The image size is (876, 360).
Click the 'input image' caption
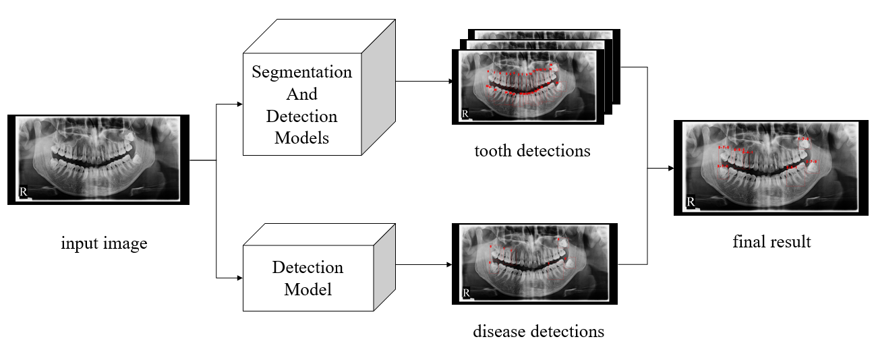point(104,243)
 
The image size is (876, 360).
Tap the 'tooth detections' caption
point(532,150)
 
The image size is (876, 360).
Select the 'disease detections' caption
point(538,331)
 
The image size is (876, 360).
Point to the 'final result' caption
point(771,241)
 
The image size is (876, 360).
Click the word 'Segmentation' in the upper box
point(302,72)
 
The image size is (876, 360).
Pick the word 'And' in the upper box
point(301,94)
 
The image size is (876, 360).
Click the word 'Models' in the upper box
point(301,138)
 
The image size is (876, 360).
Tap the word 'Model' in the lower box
point(307,289)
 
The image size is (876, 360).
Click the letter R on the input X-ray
point(24,191)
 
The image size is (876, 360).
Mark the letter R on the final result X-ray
point(690,202)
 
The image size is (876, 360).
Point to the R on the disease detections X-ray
point(466,293)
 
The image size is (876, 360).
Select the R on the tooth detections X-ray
point(465,114)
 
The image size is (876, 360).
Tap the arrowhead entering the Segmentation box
point(239,104)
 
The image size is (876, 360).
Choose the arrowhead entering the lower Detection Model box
point(239,277)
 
